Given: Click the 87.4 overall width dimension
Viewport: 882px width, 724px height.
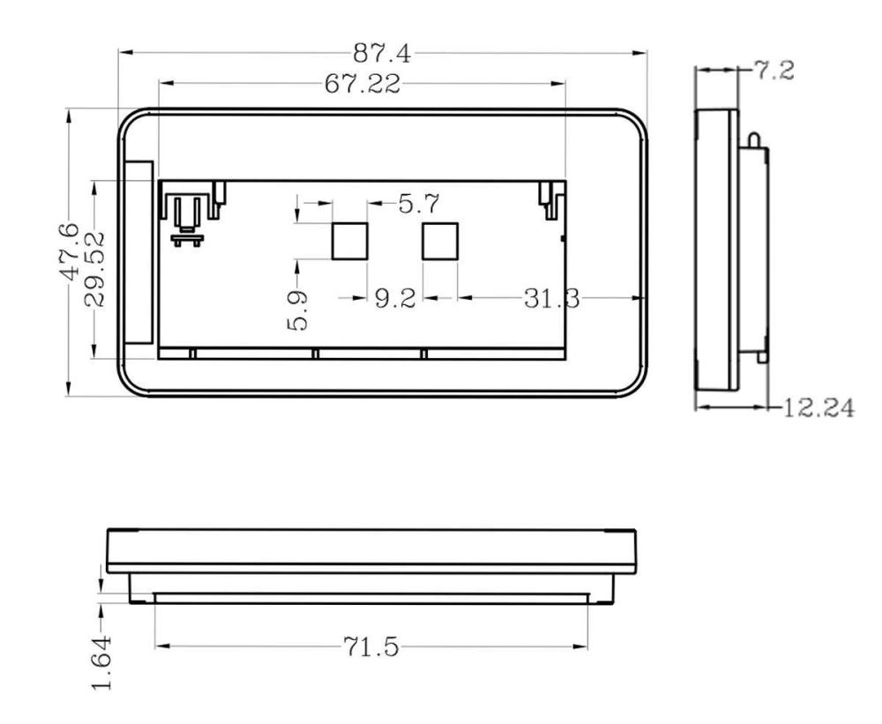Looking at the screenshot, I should (382, 54).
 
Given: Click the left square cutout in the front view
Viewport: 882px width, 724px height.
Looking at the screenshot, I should (348, 241).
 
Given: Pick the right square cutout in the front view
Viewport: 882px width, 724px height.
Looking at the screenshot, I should (440, 241).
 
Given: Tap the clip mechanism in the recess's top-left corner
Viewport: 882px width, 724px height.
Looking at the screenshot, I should (186, 216).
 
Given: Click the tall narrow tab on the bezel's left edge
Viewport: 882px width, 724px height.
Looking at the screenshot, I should (139, 253).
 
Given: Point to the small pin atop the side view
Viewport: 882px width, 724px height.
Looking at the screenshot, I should (751, 139).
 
